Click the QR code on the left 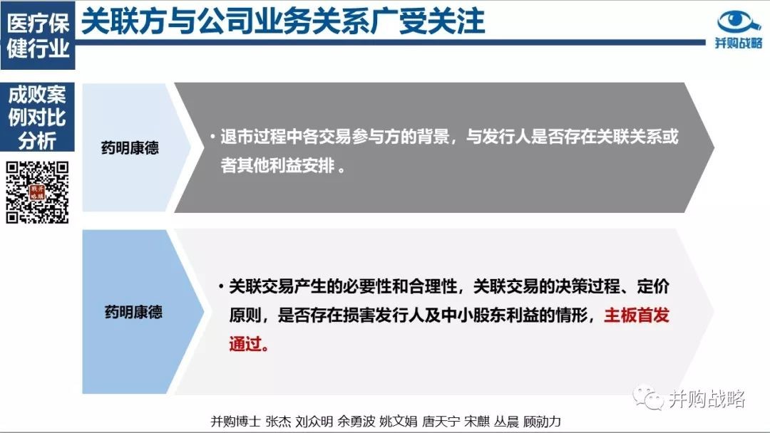37,193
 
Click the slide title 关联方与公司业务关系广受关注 283,21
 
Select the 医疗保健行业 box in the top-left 38,36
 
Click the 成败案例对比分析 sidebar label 37,118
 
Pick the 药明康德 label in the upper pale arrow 130,147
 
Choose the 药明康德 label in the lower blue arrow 133,312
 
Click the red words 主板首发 637,315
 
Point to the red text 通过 245,344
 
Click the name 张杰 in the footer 278,421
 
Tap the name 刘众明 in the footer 314,421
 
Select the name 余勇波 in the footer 356,421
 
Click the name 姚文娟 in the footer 399,421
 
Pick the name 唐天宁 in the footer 441,421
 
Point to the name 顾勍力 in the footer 542,421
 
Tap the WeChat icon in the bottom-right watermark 647,397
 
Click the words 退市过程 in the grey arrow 253,136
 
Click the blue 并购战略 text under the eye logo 739,43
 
